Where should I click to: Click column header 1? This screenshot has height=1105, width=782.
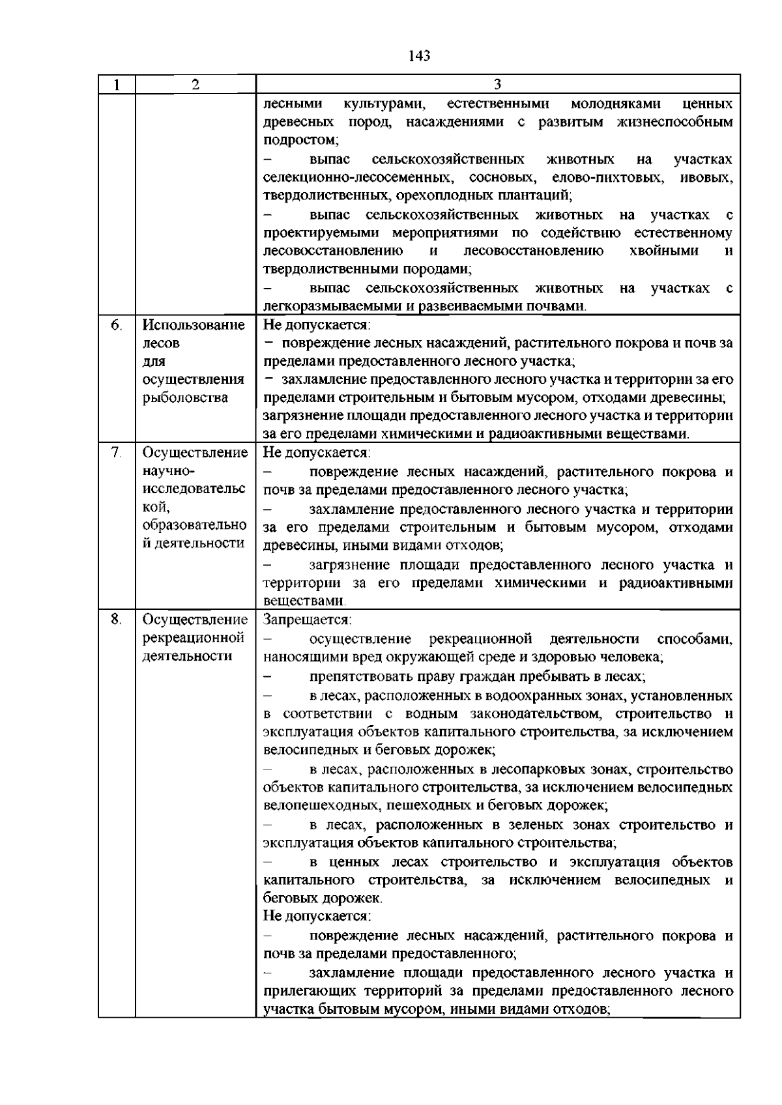[x=116, y=85]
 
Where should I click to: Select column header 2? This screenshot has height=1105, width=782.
[x=195, y=85]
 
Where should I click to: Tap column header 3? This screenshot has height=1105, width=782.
[x=498, y=85]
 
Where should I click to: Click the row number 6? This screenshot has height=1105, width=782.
[x=116, y=324]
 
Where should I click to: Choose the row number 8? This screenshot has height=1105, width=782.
[x=116, y=620]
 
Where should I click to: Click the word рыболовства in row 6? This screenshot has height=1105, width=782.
[x=184, y=397]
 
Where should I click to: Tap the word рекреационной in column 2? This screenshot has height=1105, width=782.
[x=194, y=638]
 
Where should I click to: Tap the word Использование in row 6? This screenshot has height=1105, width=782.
[x=194, y=324]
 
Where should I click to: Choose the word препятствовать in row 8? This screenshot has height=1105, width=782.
[x=358, y=676]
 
